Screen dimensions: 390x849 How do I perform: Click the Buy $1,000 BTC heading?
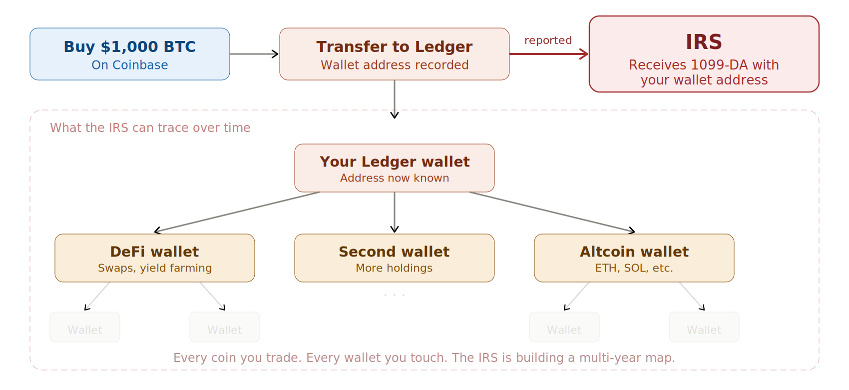[129, 46]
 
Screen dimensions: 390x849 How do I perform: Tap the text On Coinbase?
[129, 65]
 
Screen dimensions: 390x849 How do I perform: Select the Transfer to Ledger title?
[394, 46]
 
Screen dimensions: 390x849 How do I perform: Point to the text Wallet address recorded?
[394, 65]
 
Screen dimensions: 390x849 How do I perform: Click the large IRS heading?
[704, 42]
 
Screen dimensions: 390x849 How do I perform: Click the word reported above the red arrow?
[548, 40]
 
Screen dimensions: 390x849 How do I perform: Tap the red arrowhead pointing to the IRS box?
[584, 54]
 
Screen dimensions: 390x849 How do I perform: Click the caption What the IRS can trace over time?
[150, 128]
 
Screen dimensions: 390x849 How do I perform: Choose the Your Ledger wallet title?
[394, 161]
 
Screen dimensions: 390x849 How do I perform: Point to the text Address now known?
[394, 178]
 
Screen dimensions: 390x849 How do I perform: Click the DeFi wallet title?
[154, 251]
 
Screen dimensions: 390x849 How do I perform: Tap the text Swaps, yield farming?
[154, 268]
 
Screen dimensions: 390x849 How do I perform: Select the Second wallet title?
[394, 251]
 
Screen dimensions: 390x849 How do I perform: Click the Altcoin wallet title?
[634, 251]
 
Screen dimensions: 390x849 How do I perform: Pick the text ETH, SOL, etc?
[634, 268]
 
